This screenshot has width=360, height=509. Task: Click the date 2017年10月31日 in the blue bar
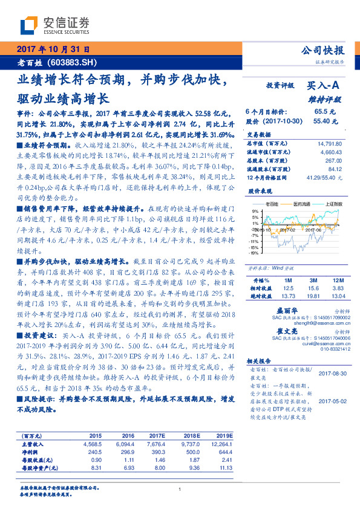[53, 50]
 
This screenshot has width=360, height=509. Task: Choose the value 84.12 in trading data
[335, 169]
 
